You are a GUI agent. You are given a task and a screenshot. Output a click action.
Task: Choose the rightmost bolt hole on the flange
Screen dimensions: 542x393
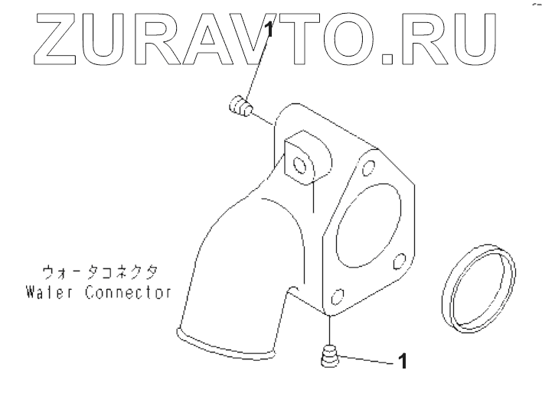coord(397,263)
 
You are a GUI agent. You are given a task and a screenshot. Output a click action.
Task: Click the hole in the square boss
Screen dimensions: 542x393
coord(299,164)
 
